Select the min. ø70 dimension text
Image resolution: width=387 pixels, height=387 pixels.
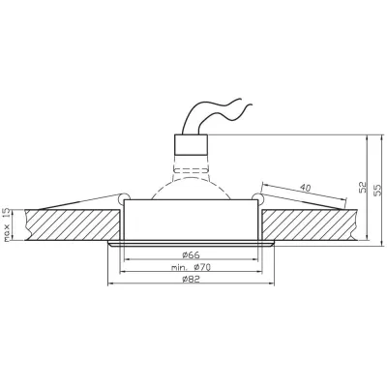(193, 266)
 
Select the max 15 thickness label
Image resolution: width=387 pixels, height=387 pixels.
(7, 224)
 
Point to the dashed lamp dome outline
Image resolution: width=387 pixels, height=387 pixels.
(193, 179)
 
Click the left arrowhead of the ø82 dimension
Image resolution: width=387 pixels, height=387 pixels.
(107, 286)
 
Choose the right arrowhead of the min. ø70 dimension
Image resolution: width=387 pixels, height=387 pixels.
(266, 273)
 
